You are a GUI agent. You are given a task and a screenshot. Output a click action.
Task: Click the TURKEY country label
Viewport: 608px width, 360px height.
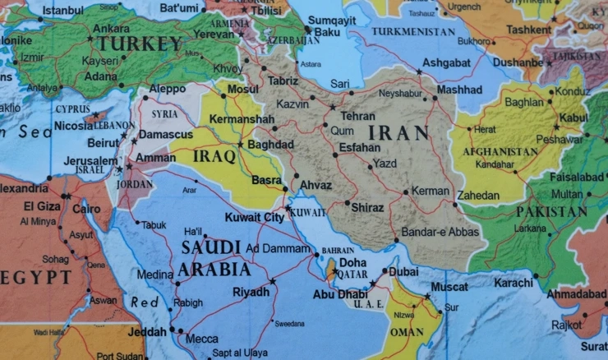click(140, 44)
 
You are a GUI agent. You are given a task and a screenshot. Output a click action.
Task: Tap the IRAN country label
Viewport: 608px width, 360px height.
click(398, 132)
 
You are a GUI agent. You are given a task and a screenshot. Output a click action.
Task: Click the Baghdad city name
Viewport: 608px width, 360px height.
click(270, 144)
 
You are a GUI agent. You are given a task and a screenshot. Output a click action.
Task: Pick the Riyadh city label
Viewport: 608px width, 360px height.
click(251, 292)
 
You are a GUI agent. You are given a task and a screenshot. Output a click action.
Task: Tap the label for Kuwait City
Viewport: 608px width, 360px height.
click(255, 217)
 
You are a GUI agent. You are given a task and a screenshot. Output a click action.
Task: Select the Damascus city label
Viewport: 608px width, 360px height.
click(166, 134)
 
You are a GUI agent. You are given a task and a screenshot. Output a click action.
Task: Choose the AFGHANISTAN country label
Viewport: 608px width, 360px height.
click(500, 152)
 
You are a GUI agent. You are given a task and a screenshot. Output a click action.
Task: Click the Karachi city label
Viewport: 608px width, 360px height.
click(514, 283)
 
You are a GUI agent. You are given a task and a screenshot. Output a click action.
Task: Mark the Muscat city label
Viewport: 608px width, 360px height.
click(449, 287)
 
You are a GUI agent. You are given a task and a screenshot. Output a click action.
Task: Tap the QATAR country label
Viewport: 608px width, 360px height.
click(352, 275)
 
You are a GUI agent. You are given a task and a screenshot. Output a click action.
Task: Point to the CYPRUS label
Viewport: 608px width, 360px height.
click(72, 108)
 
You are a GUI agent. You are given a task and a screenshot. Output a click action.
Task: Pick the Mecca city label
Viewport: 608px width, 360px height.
click(202, 339)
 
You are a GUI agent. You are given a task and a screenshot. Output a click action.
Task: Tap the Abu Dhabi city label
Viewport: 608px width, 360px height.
click(340, 294)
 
